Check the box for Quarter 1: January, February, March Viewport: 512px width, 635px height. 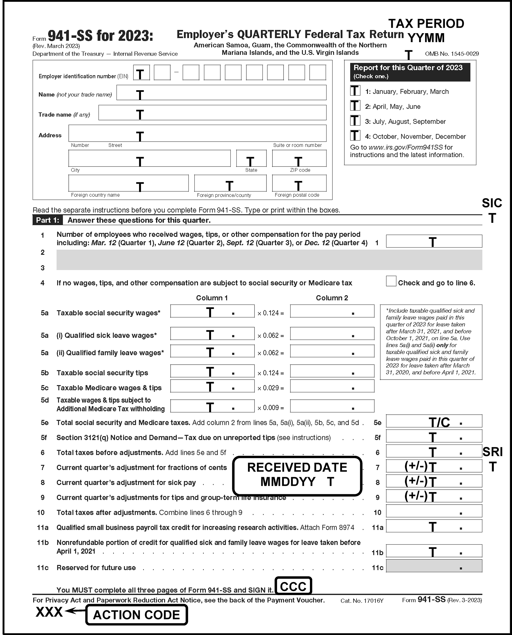[x=355, y=90]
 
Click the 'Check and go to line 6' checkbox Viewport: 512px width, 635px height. [x=391, y=281]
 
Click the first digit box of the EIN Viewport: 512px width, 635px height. [x=141, y=73]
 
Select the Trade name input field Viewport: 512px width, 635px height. [x=212, y=113]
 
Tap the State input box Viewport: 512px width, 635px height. [x=251, y=158]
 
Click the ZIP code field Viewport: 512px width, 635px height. [x=299, y=158]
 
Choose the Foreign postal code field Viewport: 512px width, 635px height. [x=299, y=183]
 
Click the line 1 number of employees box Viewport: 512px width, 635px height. [x=434, y=241]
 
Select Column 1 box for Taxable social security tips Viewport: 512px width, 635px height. [x=212, y=371]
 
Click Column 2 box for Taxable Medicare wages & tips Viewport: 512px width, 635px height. [x=332, y=386]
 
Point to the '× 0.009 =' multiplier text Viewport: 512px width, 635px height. [x=271, y=408]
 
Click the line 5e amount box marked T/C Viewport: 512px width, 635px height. [x=434, y=421]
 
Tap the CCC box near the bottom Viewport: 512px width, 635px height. [x=293, y=586]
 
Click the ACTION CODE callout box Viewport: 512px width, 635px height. [x=137, y=615]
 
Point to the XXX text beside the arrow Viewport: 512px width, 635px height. [x=49, y=612]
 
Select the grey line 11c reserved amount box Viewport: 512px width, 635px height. [x=434, y=566]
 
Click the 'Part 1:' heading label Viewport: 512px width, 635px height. [x=48, y=220]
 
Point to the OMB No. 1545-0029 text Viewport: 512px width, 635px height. [x=451, y=54]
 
